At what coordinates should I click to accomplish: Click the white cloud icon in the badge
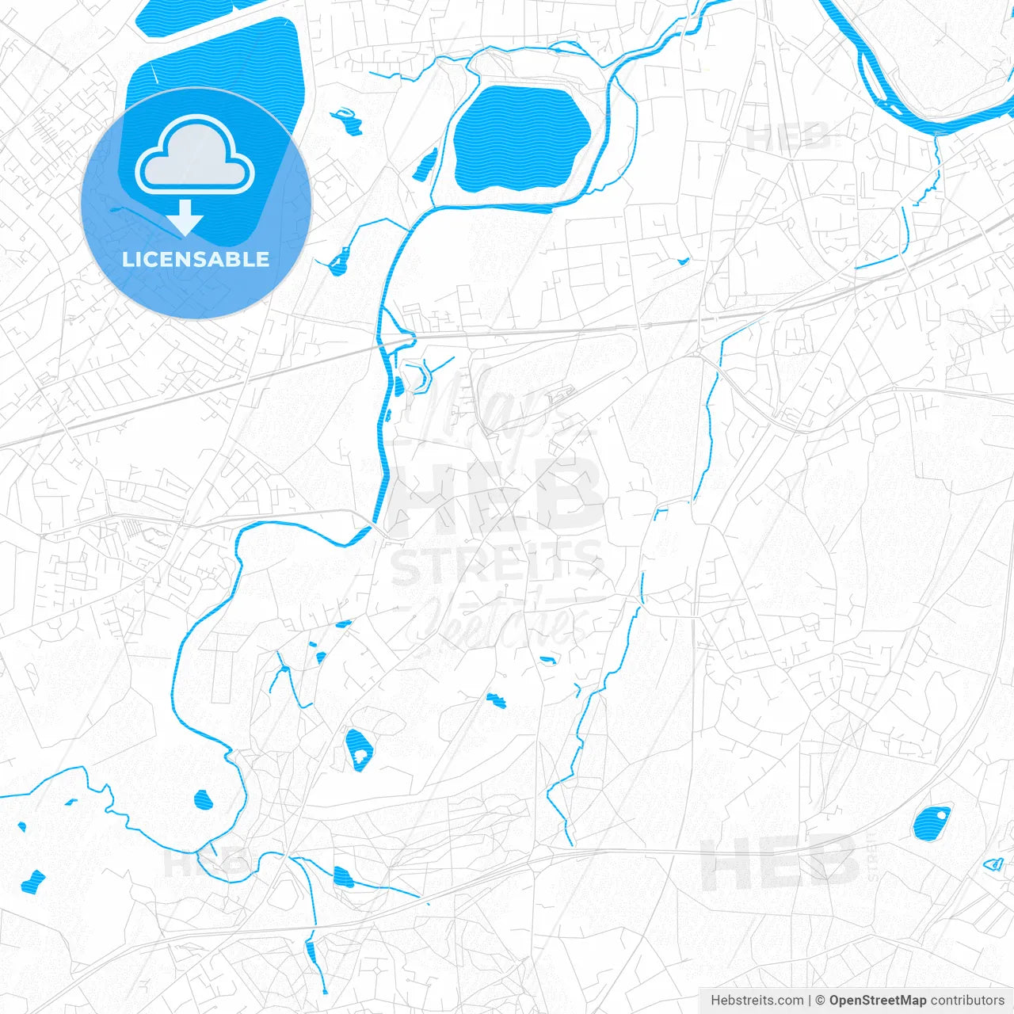click(x=195, y=155)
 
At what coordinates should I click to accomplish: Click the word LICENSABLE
click(x=196, y=259)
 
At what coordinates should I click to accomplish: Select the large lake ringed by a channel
click(x=523, y=139)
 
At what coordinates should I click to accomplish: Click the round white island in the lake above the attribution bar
click(x=940, y=814)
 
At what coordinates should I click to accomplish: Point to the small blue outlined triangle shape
click(x=993, y=864)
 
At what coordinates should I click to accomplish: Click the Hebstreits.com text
click(x=757, y=1001)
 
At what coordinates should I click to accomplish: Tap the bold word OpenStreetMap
click(x=877, y=1001)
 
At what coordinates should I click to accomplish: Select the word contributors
click(x=967, y=1001)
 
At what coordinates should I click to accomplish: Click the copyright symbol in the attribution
click(x=821, y=1001)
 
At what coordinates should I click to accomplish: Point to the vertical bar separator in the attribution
click(x=809, y=1001)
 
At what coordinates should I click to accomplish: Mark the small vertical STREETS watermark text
click(x=872, y=856)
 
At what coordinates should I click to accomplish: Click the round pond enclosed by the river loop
click(x=204, y=800)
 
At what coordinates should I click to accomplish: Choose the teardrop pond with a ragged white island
click(x=357, y=749)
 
